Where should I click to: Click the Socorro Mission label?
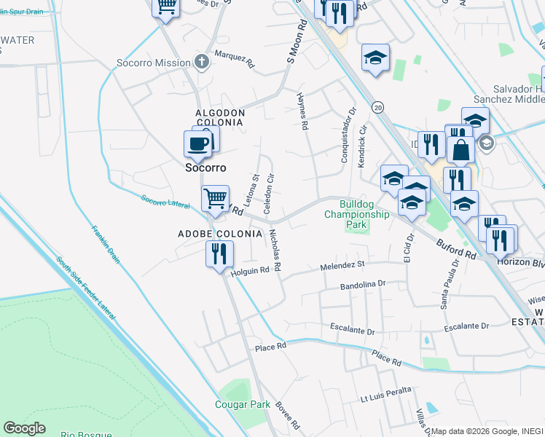tap(153, 63)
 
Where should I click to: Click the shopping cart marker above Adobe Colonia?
tap(214, 198)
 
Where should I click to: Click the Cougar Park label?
tap(243, 404)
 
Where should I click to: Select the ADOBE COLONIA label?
tap(219, 234)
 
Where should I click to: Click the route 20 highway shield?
tap(377, 107)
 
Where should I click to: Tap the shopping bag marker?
tap(460, 151)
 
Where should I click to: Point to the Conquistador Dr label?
tap(347, 135)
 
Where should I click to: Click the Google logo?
tap(24, 428)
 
